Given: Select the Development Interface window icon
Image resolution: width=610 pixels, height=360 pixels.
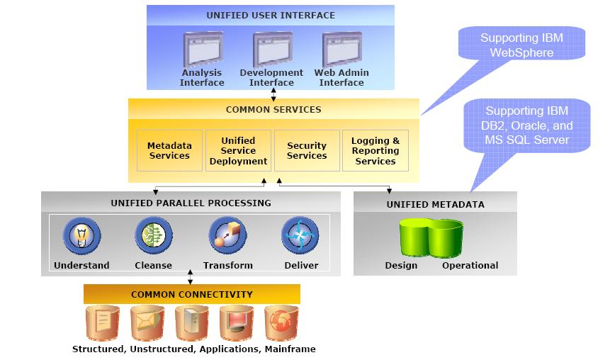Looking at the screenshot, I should [x=271, y=49].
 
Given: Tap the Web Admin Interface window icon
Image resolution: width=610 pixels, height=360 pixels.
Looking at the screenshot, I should [x=341, y=49].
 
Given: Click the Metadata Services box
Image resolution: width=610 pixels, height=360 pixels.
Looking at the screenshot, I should [x=169, y=150].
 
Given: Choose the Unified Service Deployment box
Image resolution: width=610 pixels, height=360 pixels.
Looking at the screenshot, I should [x=238, y=150].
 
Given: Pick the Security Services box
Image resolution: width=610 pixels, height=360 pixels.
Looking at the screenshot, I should [x=307, y=150].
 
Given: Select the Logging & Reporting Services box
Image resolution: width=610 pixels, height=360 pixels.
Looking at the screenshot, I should [x=375, y=150].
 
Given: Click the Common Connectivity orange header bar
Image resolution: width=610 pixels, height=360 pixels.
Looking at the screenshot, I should [x=191, y=294].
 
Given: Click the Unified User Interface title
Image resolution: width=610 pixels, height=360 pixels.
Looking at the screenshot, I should [x=271, y=15].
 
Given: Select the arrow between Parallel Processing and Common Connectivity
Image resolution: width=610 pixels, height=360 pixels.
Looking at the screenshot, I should [x=191, y=276].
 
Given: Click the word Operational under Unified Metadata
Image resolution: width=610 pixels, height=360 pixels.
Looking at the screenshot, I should [x=470, y=266].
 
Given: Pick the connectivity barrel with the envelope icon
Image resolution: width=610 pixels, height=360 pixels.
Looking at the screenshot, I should [x=147, y=322].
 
